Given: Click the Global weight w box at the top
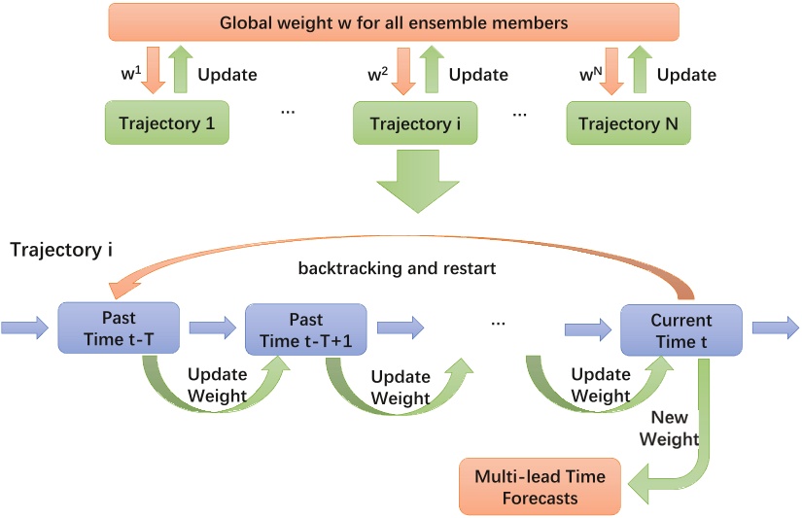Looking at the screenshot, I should pyautogui.click(x=394, y=21).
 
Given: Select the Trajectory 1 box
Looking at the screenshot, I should pyautogui.click(x=166, y=123).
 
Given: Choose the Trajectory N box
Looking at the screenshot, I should pyautogui.click(x=628, y=123).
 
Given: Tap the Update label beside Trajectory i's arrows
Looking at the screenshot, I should pyautogui.click(x=478, y=74).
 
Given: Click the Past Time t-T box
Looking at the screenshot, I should pyautogui.click(x=119, y=328).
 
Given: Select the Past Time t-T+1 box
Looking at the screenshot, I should pyautogui.click(x=306, y=328).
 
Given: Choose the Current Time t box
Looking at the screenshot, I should pyautogui.click(x=680, y=328).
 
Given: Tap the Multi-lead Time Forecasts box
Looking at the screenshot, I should pyautogui.click(x=540, y=487).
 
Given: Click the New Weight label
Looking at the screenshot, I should pyautogui.click(x=674, y=428).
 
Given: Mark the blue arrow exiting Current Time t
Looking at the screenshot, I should pyautogui.click(x=777, y=328).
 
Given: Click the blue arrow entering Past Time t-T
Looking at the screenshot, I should pyautogui.click(x=23, y=328).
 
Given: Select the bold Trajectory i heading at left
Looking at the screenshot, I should pyautogui.click(x=60, y=250).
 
